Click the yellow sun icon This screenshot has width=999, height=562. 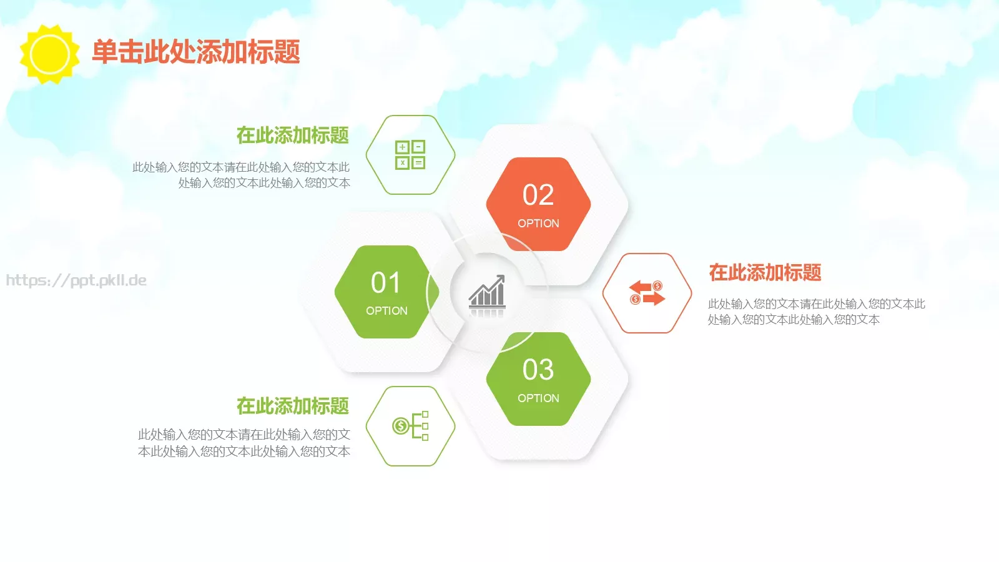(49, 54)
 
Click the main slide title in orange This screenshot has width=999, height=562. (196, 52)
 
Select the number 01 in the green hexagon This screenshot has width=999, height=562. (386, 283)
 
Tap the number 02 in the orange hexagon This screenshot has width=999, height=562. (538, 195)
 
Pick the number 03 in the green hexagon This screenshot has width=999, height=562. (538, 370)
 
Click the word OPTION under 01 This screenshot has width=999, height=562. (386, 311)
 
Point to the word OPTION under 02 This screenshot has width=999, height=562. (538, 224)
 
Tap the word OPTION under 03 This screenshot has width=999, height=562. (538, 398)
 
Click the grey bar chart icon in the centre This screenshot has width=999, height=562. (487, 292)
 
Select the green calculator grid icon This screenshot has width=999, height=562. (410, 155)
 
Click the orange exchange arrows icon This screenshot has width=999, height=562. (647, 293)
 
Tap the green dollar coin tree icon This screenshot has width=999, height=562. (410, 426)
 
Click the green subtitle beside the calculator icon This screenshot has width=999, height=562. (292, 136)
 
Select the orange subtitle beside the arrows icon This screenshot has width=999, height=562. (765, 273)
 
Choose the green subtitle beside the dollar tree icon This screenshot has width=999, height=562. (292, 406)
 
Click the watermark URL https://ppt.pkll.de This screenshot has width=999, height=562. (76, 280)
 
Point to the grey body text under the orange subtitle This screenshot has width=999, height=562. (816, 312)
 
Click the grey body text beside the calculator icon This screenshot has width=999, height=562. (241, 175)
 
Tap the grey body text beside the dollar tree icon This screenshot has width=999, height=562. (244, 443)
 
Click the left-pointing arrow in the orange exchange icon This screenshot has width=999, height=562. (641, 287)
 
